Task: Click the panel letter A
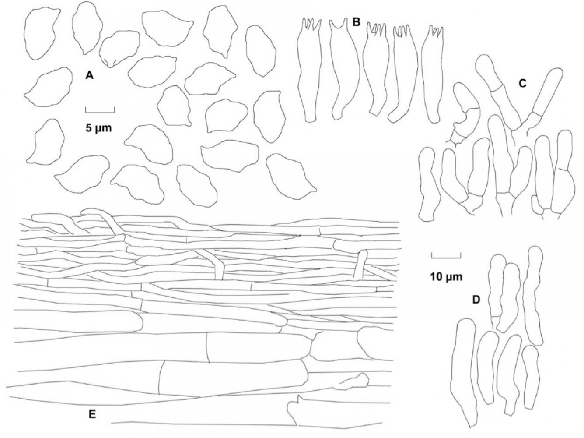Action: point(89,76)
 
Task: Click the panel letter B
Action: point(356,21)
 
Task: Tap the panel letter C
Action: point(521,85)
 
